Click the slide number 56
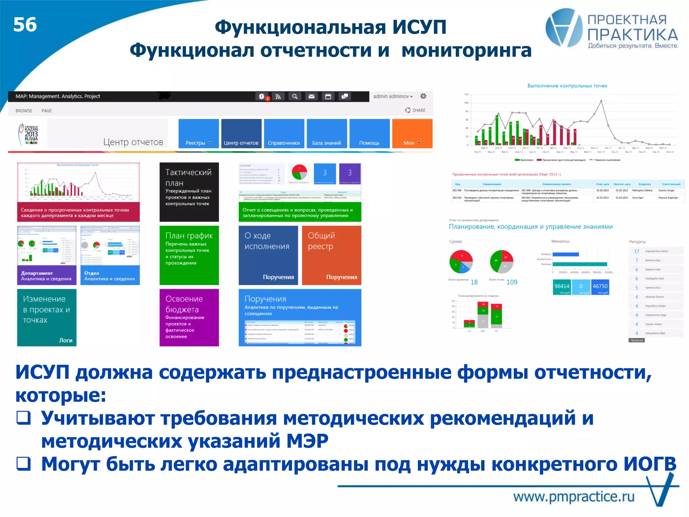[25, 25]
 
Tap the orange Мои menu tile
[412, 134]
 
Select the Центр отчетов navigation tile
[241, 134]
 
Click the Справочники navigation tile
[284, 134]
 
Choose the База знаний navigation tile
[326, 134]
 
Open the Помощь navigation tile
[369, 134]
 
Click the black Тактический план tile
[189, 192]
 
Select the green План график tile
[189, 255]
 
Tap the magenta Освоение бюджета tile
[189, 317]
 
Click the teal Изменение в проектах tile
[47, 317]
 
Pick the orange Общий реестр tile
[331, 255]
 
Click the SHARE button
[415, 110]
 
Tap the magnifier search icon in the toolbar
[295, 97]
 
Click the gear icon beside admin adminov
[423, 96]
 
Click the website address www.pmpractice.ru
[574, 496]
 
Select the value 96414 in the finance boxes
[561, 287]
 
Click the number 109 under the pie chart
[512, 282]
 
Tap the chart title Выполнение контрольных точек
[567, 86]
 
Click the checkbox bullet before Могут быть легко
[24, 464]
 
